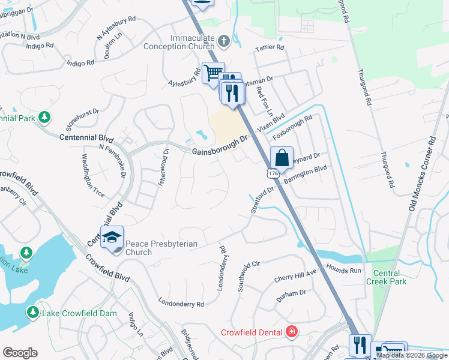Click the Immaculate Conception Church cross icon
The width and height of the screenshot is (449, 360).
pos(224,41)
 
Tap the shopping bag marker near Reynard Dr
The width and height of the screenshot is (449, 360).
pos(282,158)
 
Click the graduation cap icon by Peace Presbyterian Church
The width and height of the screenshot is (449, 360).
pos(112,238)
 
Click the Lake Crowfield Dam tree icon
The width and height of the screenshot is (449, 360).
pos(32,313)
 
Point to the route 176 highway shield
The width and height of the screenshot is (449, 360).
pos(273,173)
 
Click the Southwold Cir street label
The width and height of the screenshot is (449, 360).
pos(247,275)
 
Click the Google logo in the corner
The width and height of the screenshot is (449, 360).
pos(20,353)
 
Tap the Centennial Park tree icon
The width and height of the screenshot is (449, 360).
pos(44,116)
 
